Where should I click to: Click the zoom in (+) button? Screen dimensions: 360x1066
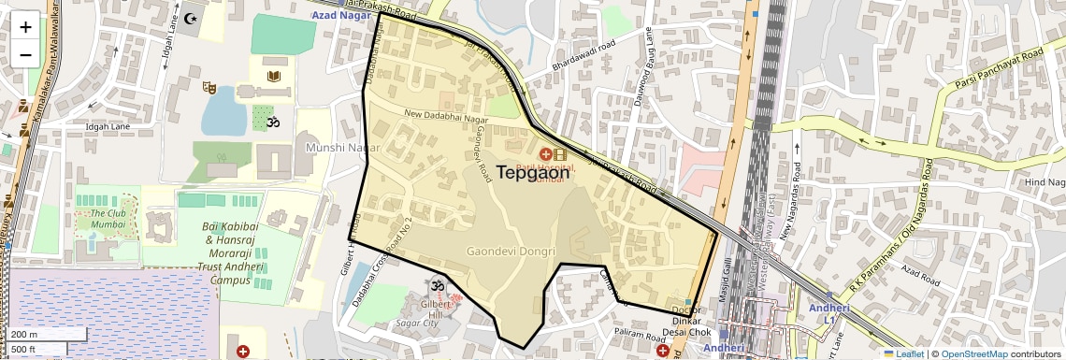pos(25,26)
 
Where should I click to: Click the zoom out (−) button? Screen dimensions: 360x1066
pos(25,54)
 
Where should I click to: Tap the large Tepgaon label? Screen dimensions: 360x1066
pos(532,173)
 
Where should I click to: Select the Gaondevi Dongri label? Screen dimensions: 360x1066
pos(511,252)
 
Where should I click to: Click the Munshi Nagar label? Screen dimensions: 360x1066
pos(338,148)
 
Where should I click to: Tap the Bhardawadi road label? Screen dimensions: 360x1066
pos(583,56)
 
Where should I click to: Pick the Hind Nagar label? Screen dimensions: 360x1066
pos(1044,182)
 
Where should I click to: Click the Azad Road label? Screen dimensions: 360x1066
pos(919,274)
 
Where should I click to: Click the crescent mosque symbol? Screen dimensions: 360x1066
pos(194,18)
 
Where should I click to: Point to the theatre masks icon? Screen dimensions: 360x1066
pos(211,88)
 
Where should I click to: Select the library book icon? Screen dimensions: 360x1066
pos(274,76)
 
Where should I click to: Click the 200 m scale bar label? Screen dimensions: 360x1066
pos(24,335)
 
